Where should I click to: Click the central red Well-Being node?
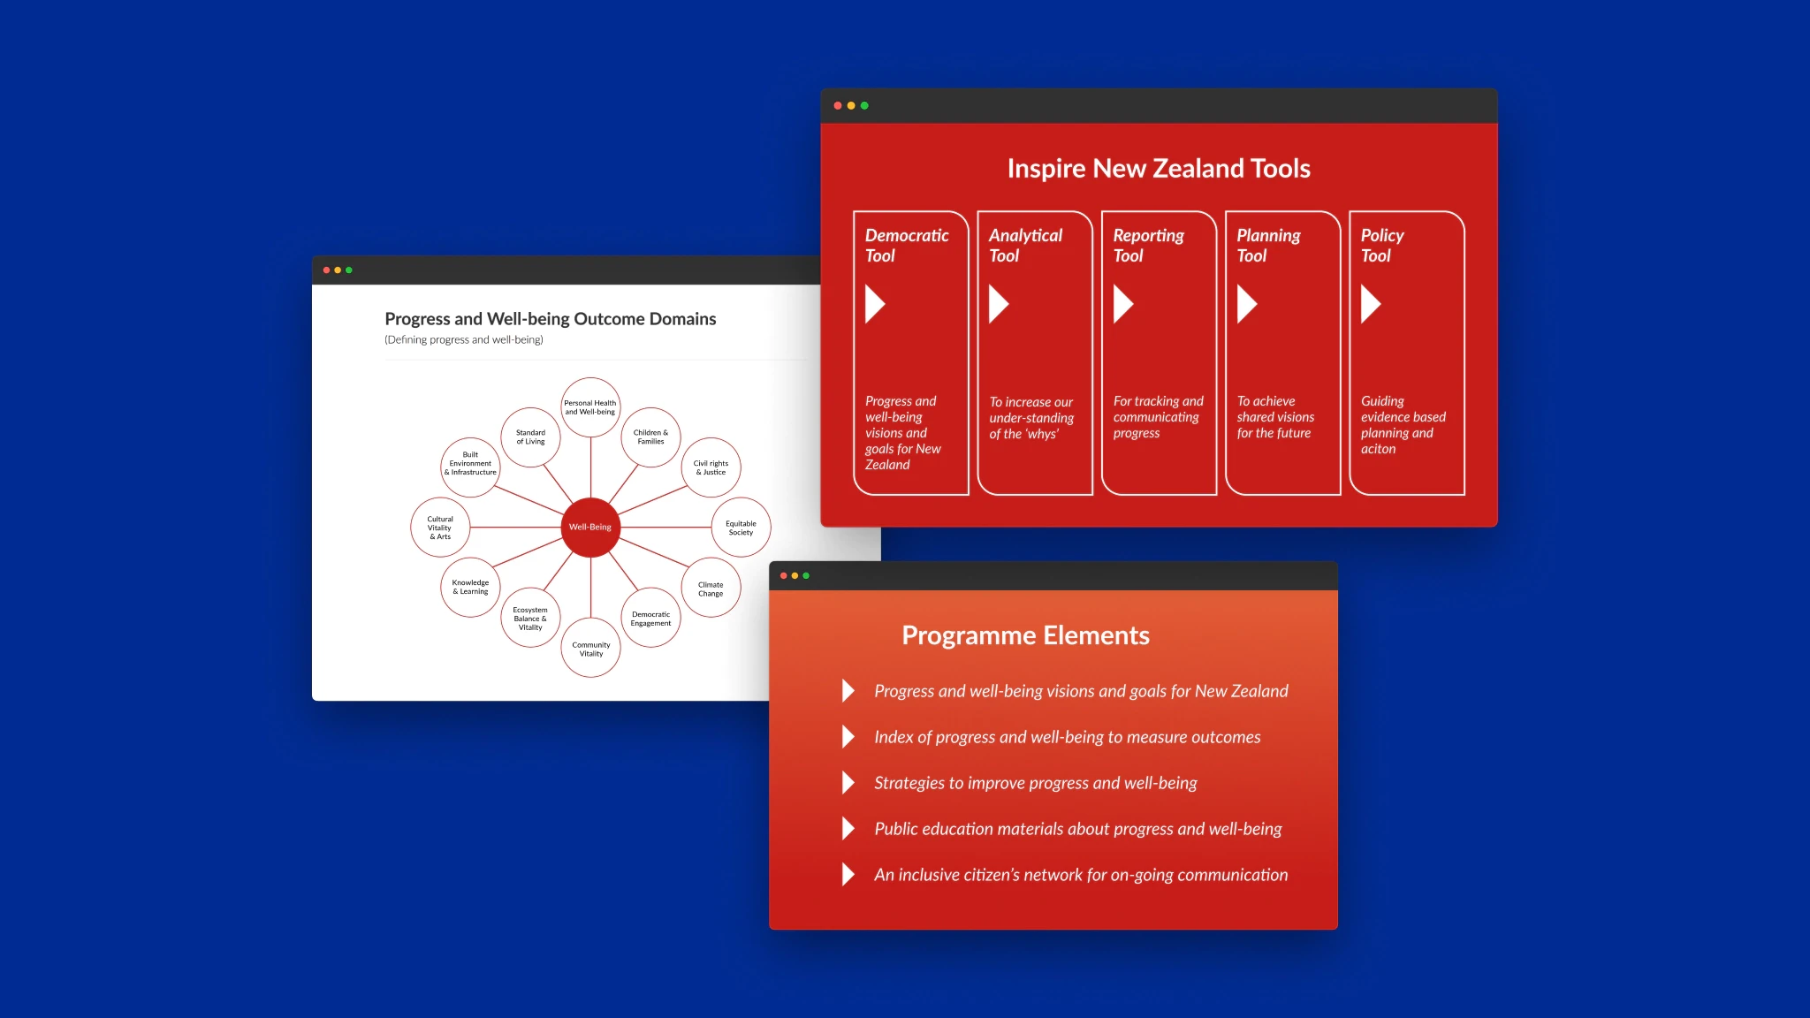(x=590, y=527)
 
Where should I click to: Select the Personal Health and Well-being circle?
(x=590, y=407)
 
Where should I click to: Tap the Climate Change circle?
(x=711, y=589)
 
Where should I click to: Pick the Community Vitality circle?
(x=590, y=649)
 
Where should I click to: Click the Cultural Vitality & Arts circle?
(x=440, y=528)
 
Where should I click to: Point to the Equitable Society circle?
(x=741, y=528)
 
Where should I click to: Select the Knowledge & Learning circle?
(x=470, y=587)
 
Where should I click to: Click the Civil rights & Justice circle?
(x=711, y=467)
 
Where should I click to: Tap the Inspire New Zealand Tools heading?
(x=1159, y=169)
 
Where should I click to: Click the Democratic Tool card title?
(x=906, y=246)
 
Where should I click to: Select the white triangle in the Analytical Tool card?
(x=998, y=304)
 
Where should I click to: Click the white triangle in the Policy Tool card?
(x=1370, y=304)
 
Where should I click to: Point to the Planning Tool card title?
(x=1268, y=246)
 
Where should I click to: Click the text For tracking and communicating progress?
(x=1158, y=417)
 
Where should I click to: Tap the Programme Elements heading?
(x=1025, y=635)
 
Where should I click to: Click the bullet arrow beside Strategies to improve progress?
(x=848, y=783)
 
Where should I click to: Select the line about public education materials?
(x=1077, y=829)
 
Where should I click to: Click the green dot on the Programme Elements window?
(x=806, y=576)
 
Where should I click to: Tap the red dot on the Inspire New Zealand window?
(x=838, y=106)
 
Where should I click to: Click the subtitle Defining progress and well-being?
(x=464, y=340)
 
